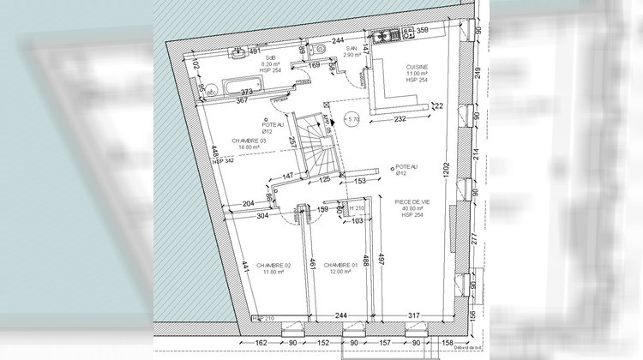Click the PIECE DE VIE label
coord(412,203)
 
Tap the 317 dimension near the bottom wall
coord(415,317)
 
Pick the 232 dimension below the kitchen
coord(400,120)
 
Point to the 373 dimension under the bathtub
coord(247,92)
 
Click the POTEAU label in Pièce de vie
coord(406,167)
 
